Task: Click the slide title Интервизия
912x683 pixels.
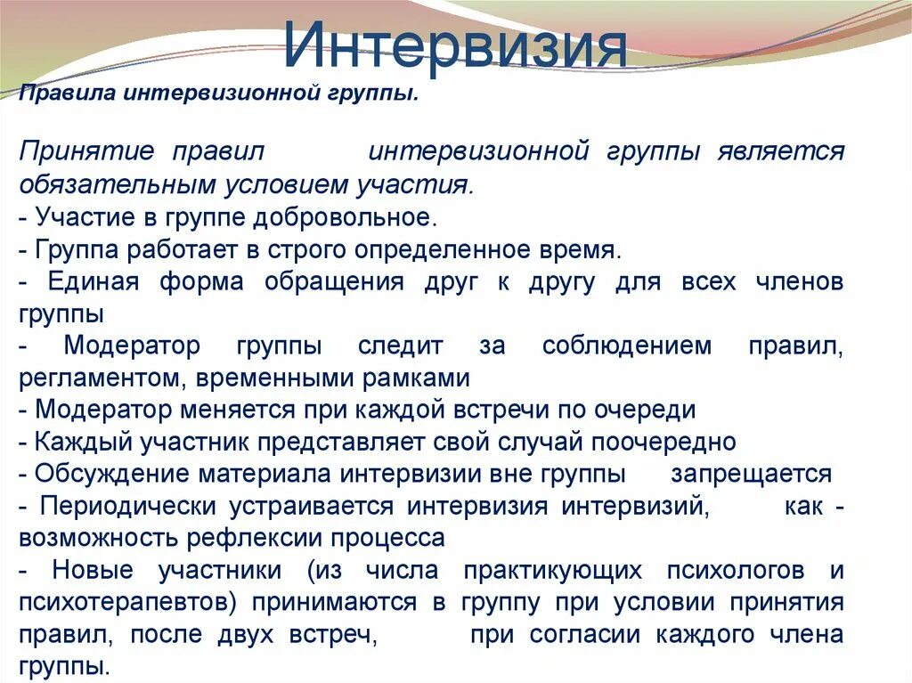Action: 455,46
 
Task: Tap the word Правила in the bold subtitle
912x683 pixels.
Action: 68,94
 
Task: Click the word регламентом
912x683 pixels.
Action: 98,378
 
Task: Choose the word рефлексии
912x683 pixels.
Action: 265,539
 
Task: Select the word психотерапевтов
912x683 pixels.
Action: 126,603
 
